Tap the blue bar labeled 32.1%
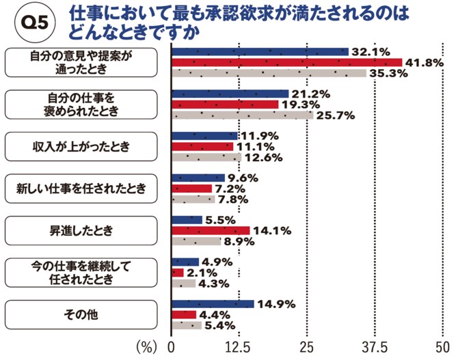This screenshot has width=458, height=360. [x=259, y=52]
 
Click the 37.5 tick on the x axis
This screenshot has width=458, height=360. [x=374, y=346]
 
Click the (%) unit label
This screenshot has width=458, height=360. [x=147, y=346]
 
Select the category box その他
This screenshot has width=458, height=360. [x=82, y=314]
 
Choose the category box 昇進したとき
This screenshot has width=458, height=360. [x=82, y=230]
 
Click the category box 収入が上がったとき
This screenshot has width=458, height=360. [x=82, y=146]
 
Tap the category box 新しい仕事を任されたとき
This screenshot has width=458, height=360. [x=82, y=189]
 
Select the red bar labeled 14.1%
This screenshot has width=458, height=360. [x=210, y=230]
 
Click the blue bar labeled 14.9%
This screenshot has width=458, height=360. [x=212, y=304]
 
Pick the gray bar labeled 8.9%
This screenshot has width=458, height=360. [x=196, y=240]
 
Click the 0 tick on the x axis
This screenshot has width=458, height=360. [x=172, y=346]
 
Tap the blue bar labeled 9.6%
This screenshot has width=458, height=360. [x=198, y=178]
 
